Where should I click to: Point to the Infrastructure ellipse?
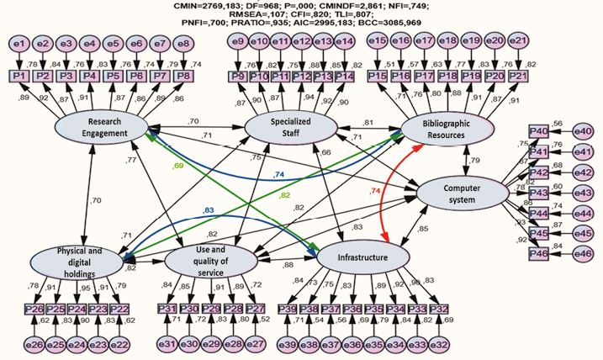[362, 256]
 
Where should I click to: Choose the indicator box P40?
[539, 131]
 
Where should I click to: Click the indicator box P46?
[539, 253]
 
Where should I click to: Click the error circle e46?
[584, 253]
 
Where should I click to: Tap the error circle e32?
[436, 343]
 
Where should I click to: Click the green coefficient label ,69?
[178, 167]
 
